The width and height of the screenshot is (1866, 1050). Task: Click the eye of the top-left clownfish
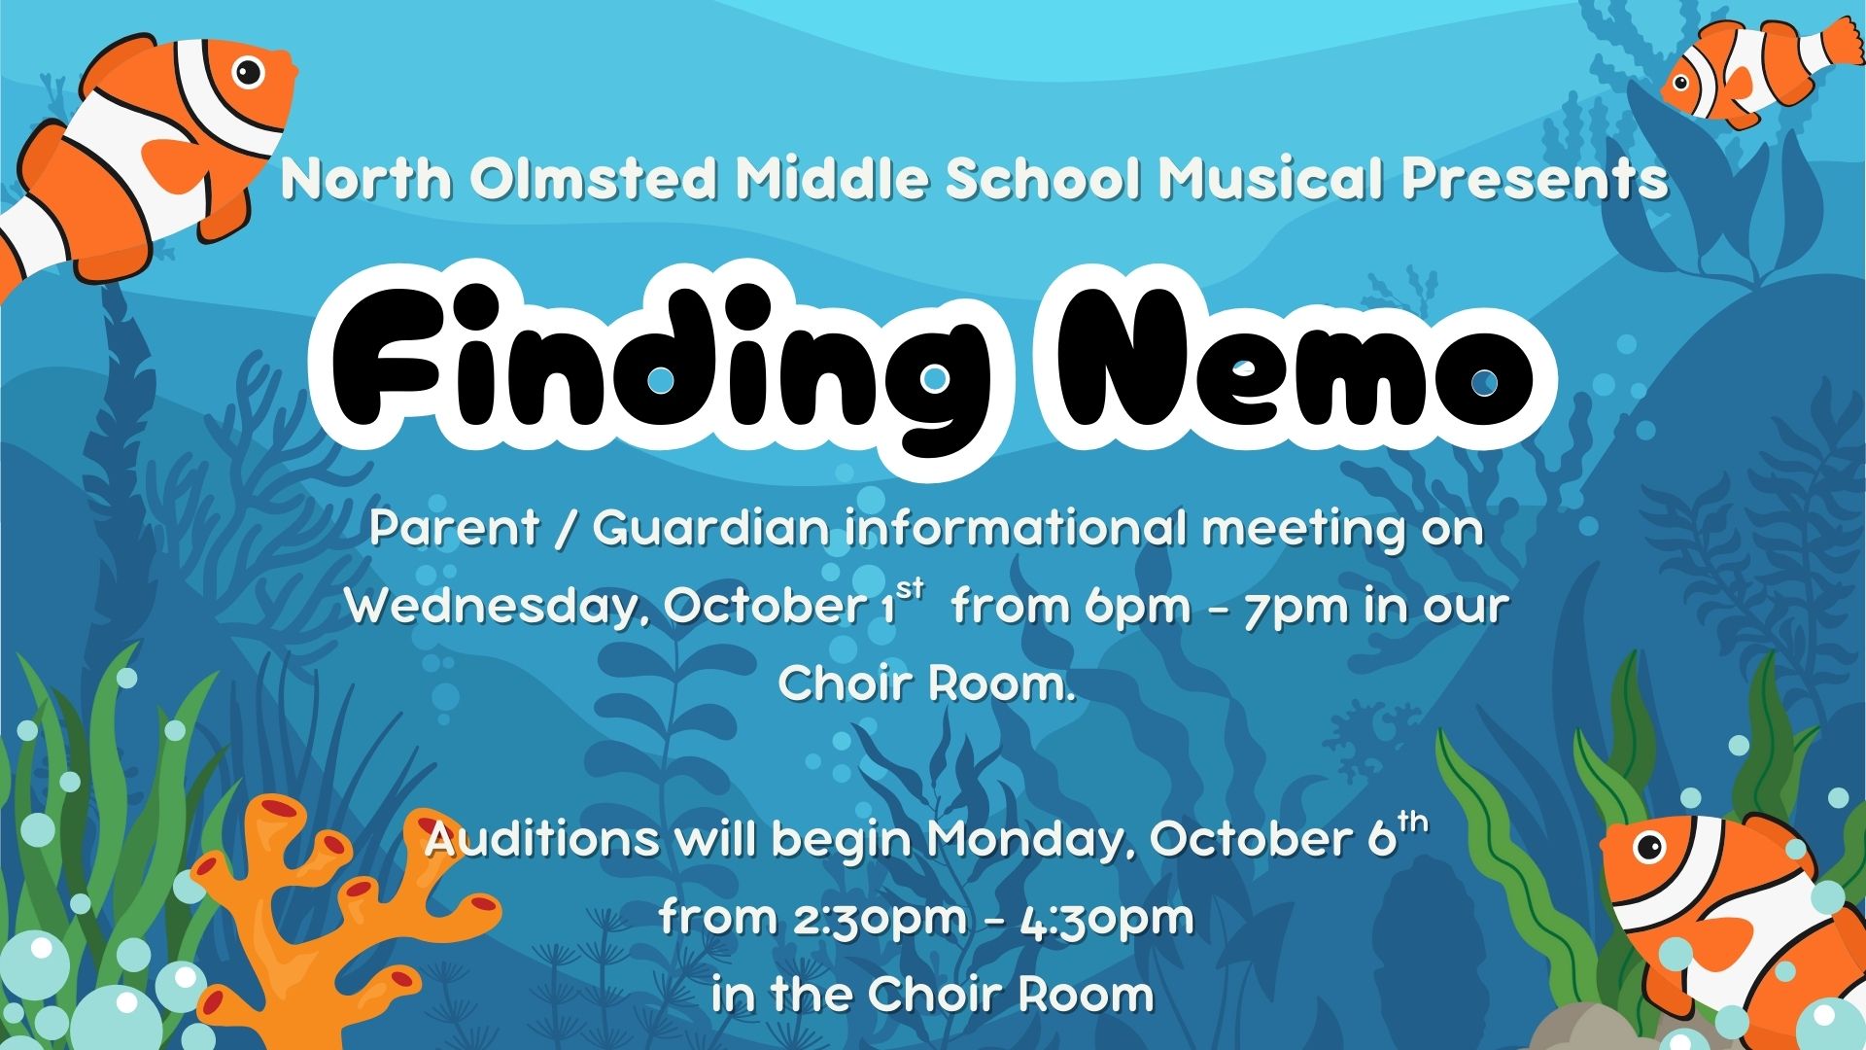pos(249,71)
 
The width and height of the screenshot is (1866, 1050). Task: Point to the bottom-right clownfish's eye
pos(1650,847)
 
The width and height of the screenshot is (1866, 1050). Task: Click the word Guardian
pos(711,529)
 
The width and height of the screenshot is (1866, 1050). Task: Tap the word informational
pos(1016,529)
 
